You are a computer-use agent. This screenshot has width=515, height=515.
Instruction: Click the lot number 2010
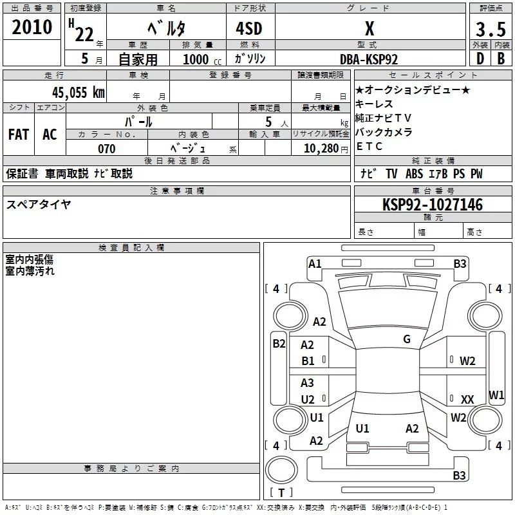point(32,27)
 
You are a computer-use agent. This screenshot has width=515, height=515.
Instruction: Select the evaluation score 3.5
point(489,29)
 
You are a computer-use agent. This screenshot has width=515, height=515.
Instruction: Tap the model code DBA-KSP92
point(369,59)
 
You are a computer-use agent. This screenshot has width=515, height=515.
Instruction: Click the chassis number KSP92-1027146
point(432,205)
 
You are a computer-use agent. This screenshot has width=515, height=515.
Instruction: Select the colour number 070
point(106,149)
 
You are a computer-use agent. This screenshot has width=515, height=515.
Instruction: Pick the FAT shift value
point(18,134)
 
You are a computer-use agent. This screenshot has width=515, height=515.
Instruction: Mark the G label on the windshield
point(407,339)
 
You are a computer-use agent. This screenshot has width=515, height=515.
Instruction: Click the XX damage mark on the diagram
point(467,399)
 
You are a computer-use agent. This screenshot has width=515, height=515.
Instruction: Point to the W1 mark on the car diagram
point(496,394)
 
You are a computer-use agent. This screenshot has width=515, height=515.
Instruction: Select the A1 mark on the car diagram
point(315,263)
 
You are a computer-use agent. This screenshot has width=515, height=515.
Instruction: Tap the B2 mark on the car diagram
point(279,344)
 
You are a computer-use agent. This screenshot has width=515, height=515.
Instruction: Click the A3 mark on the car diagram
point(308,383)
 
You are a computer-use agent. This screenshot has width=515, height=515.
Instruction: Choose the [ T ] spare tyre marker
point(281,492)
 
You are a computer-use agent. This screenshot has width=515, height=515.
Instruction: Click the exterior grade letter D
point(479,59)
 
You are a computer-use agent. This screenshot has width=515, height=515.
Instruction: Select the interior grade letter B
point(501,59)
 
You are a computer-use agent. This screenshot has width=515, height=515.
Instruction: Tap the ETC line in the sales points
point(370,146)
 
